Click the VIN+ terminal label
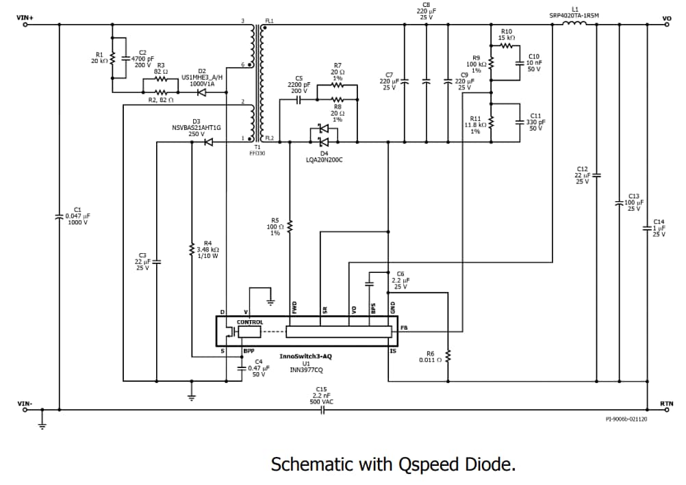pos(25,17)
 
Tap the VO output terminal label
pos(667,18)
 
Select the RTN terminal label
pos(666,404)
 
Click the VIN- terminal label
pos(24,404)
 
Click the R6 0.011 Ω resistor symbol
pos(448,356)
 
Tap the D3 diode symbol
pos(207,142)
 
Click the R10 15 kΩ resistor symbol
pos(507,46)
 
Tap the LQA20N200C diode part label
pos(324,159)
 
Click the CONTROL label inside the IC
pos(250,322)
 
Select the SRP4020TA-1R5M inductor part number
pos(574,14)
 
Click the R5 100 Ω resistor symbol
pos(290,226)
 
